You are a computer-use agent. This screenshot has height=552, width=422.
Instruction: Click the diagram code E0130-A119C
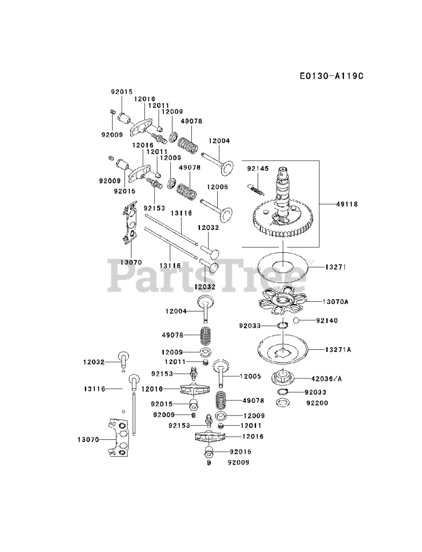coord(331,76)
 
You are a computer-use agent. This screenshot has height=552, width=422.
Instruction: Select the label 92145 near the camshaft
coord(258,169)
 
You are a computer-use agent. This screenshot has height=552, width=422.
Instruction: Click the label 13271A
coord(337,350)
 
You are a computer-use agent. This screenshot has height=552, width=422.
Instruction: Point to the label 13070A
coord(335,302)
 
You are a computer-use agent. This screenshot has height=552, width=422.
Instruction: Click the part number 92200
coord(317,403)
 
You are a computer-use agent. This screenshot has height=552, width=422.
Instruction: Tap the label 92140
coord(327,321)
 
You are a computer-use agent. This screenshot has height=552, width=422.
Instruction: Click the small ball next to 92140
coord(296,321)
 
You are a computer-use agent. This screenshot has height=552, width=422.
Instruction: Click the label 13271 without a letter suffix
coord(335,266)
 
